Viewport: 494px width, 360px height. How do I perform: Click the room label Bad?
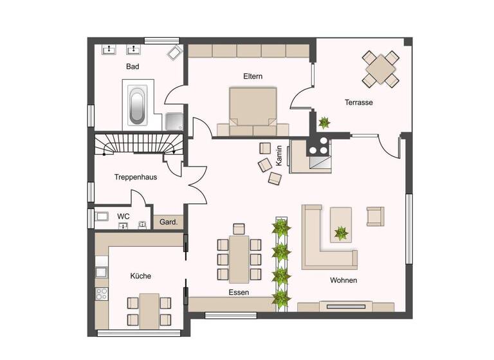133,66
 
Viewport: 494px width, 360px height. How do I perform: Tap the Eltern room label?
253,76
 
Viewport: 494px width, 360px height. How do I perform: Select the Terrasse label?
358,102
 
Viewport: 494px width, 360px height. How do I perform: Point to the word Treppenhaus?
136,177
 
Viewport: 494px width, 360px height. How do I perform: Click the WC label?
123,217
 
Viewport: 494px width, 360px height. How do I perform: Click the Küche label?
140,276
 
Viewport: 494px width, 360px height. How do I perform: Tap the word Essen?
239,292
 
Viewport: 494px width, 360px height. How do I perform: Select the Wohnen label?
343,280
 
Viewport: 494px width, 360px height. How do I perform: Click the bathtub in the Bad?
137,106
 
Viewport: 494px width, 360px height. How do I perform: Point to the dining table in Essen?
239,258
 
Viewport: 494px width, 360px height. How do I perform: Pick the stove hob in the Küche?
102,294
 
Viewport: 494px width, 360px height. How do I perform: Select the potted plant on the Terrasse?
324,122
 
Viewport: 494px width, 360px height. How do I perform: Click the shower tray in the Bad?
173,121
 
